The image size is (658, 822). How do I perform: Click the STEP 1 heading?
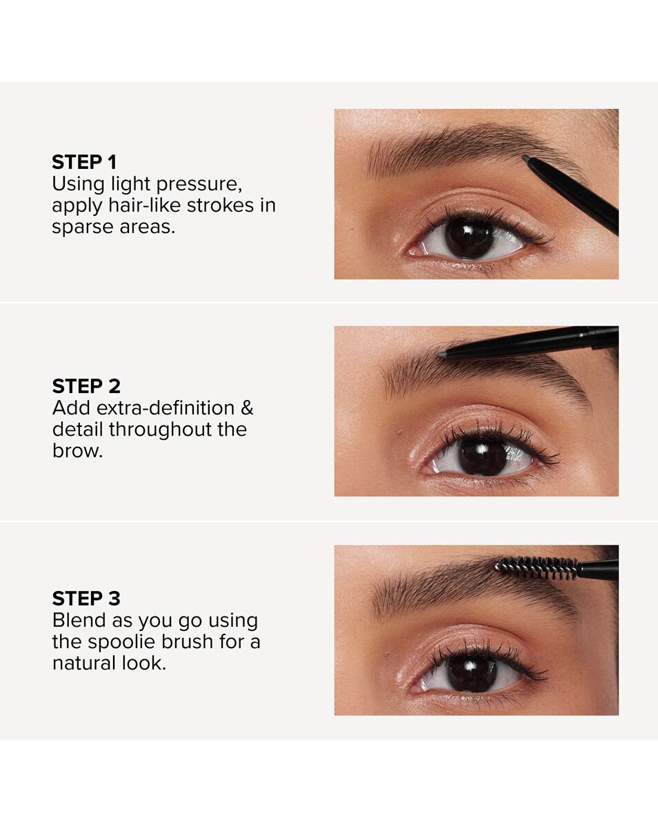click(84, 162)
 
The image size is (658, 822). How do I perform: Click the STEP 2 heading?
click(86, 386)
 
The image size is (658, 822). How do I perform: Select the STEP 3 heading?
click(86, 598)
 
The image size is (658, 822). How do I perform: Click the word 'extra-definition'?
click(166, 408)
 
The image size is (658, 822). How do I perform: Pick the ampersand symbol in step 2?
click(247, 408)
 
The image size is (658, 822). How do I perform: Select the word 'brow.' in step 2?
click(78, 451)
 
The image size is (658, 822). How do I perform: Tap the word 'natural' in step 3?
click(84, 663)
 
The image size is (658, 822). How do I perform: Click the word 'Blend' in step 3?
click(79, 620)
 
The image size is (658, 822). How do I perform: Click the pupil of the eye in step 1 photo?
click(469, 239)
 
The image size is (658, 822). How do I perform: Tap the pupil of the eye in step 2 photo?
click(482, 456)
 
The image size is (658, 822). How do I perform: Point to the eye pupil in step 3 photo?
click(471, 673)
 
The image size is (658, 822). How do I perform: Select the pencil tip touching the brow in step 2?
click(442, 354)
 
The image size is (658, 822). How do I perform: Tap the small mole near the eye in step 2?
click(400, 432)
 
